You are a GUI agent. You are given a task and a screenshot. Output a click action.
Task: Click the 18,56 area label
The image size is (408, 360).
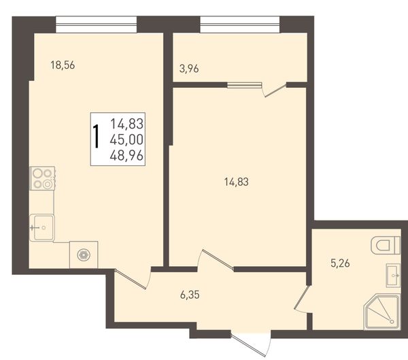pyautogui.click(x=63, y=65)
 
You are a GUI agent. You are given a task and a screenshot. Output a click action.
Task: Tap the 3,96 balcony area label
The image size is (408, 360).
pyautogui.click(x=189, y=69)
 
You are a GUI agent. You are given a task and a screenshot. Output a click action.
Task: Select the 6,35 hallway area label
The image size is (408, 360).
pyautogui.click(x=190, y=295)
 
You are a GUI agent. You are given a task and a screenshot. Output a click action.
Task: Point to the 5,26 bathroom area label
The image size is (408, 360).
pyautogui.click(x=340, y=263)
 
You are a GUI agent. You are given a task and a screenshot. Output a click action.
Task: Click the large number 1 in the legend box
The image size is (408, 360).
pyautogui.click(x=97, y=136)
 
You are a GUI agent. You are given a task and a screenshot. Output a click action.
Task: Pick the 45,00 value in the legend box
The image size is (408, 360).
pyautogui.click(x=126, y=140)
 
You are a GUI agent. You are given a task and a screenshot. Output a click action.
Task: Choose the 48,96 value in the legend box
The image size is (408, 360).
pyautogui.click(x=126, y=156)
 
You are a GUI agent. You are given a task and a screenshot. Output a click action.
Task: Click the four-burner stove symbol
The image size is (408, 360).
pyautogui.click(x=42, y=178)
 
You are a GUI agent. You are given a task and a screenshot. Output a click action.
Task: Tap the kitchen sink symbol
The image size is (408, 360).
pyautogui.click(x=42, y=228)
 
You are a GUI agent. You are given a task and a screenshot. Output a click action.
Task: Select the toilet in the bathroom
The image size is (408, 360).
pyautogui.click(x=386, y=245)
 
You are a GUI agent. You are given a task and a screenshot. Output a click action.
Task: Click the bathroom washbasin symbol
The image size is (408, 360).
pyautogui.click(x=393, y=275)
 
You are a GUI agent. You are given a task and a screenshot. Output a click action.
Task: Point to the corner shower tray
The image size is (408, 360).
pyautogui.click(x=382, y=312)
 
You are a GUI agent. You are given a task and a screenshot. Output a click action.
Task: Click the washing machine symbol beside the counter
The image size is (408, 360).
pyautogui.click(x=84, y=255)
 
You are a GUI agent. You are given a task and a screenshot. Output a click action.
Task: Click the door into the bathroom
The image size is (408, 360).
pyautogui.click(x=302, y=299)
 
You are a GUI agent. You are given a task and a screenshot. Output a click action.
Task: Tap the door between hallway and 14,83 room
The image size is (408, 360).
pyautogui.click(x=216, y=259)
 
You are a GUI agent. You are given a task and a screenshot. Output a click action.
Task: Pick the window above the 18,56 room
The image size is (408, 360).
pyautogui.click(x=97, y=24)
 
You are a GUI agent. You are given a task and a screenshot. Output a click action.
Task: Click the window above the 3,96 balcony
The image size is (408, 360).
pyautogui.click(x=239, y=24)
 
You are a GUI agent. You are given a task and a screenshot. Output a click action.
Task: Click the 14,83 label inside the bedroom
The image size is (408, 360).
pyautogui.click(x=236, y=182)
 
